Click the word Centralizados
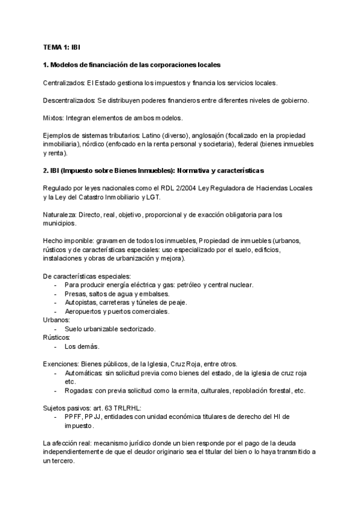pos(64,82)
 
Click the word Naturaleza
pos(61,214)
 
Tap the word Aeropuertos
pos(84,312)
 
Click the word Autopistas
pos(82,303)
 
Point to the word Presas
pos(76,294)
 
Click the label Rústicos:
pos(57,338)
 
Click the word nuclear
pos(241,285)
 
